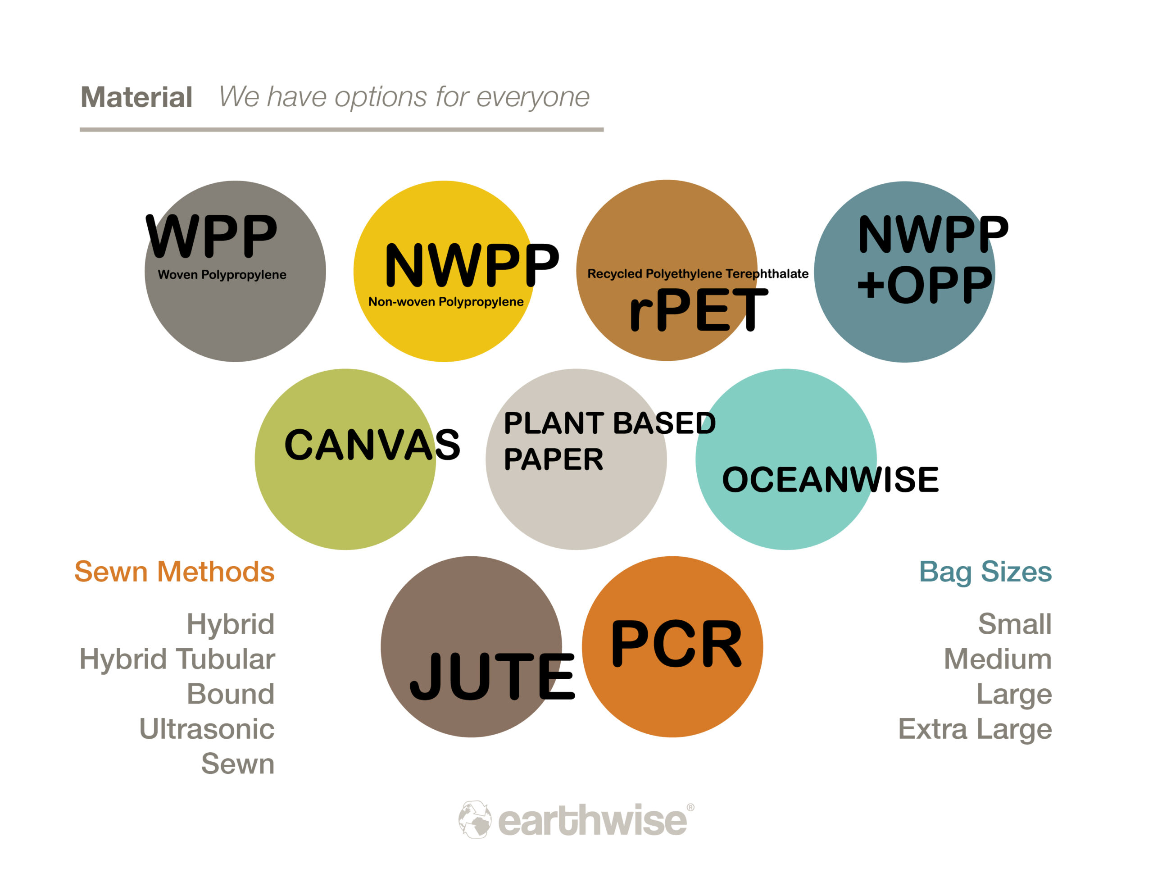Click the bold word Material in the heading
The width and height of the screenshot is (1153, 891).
click(x=136, y=97)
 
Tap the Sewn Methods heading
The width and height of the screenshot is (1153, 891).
click(x=174, y=572)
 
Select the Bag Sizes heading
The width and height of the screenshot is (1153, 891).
click(x=985, y=573)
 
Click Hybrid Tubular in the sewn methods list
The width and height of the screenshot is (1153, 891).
click(x=177, y=659)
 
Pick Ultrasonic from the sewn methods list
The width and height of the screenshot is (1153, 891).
click(x=207, y=729)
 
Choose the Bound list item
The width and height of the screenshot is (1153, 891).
click(x=231, y=694)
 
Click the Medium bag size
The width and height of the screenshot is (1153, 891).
click(x=998, y=659)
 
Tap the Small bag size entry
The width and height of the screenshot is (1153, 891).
click(x=1015, y=624)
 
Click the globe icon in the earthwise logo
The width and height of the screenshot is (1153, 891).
click(x=475, y=820)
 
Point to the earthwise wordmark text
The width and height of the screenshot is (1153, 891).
click(x=593, y=821)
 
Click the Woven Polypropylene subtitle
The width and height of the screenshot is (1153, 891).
click(x=222, y=275)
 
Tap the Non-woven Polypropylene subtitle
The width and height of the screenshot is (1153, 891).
click(x=446, y=302)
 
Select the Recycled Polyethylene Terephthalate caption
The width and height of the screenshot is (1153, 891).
click(x=698, y=273)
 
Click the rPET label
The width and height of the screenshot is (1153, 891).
click(x=699, y=310)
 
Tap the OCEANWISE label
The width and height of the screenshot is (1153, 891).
click(x=831, y=480)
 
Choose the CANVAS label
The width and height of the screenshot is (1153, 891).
click(x=372, y=444)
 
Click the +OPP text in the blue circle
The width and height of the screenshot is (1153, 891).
click(x=924, y=285)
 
